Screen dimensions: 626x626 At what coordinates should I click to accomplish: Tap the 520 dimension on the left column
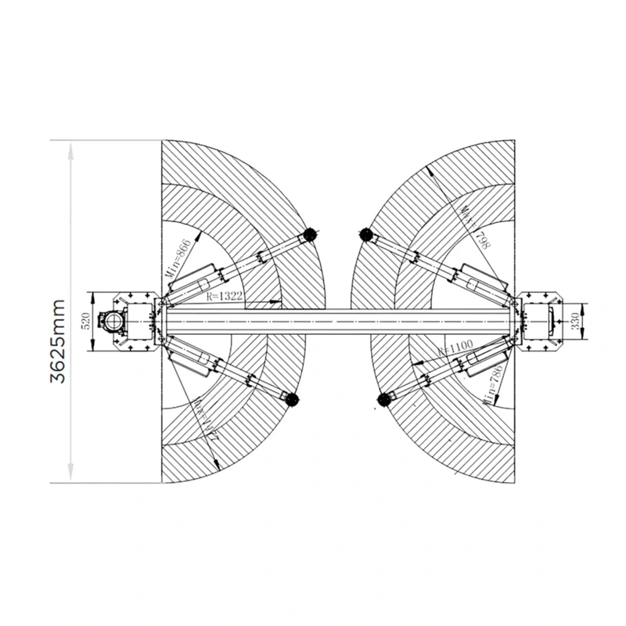pyautogui.click(x=86, y=321)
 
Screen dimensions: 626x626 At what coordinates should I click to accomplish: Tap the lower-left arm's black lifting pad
pyautogui.click(x=293, y=399)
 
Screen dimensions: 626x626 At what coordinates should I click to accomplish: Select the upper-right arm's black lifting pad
pyautogui.click(x=363, y=234)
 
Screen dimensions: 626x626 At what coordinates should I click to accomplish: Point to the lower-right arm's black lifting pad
pyautogui.click(x=383, y=400)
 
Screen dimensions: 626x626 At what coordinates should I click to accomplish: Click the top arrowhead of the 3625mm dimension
pyautogui.click(x=71, y=149)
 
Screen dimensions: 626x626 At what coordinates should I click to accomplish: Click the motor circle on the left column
pyautogui.click(x=114, y=321)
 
